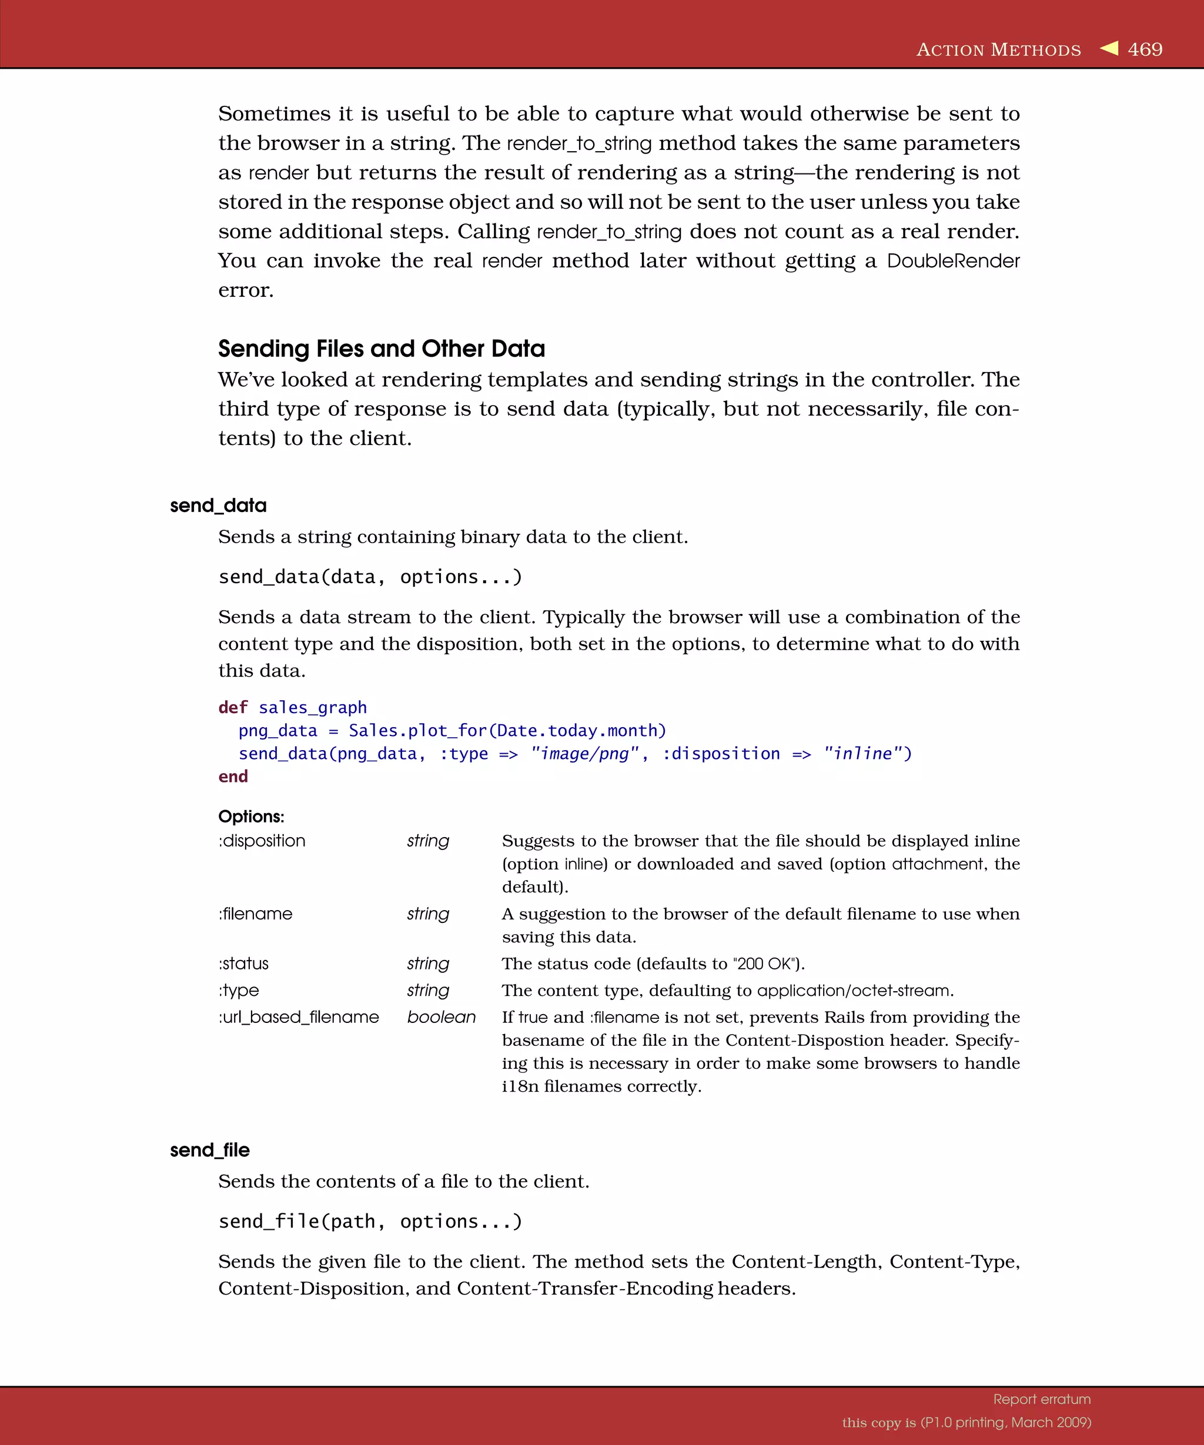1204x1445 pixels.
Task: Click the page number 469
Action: click(1145, 49)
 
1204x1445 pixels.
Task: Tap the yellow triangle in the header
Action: click(1109, 48)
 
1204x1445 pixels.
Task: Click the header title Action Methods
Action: click(998, 50)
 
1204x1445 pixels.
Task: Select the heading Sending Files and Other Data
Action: click(381, 349)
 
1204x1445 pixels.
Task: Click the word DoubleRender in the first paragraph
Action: click(953, 262)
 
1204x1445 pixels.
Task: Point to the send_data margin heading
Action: click(218, 506)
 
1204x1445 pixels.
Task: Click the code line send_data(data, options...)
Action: click(370, 577)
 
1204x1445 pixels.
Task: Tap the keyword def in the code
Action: click(233, 707)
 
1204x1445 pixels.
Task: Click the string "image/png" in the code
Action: click(585, 754)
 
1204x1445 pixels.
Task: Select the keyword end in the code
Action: click(233, 777)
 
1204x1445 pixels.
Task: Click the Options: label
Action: click(251, 817)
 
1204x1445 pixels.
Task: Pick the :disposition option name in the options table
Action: click(262, 841)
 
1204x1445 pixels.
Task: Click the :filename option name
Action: click(255, 914)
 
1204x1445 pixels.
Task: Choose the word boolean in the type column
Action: click(441, 1017)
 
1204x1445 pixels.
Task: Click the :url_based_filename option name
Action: click(299, 1017)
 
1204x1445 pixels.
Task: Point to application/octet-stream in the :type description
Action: click(854, 991)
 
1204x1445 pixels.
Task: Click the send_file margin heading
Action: click(210, 1150)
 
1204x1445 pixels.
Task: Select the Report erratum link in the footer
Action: click(1042, 1399)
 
